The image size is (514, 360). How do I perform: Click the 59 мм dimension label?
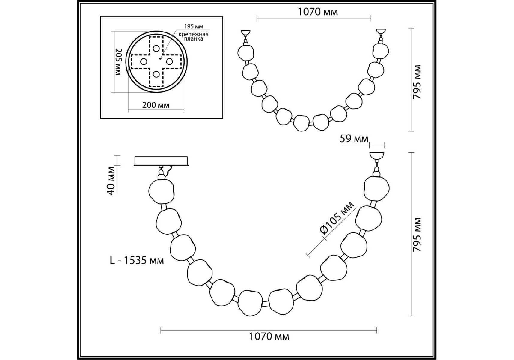[x=354, y=139]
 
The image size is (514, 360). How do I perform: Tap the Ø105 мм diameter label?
[x=337, y=218]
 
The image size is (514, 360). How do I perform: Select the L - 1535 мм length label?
[x=137, y=260]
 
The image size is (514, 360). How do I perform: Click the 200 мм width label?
[x=156, y=105]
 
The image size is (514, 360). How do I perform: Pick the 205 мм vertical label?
[x=118, y=62]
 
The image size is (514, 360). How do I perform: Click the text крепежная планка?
[x=193, y=36]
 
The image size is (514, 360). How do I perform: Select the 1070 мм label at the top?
[x=318, y=12]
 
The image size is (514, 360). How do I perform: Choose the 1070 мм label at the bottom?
[x=269, y=337]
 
